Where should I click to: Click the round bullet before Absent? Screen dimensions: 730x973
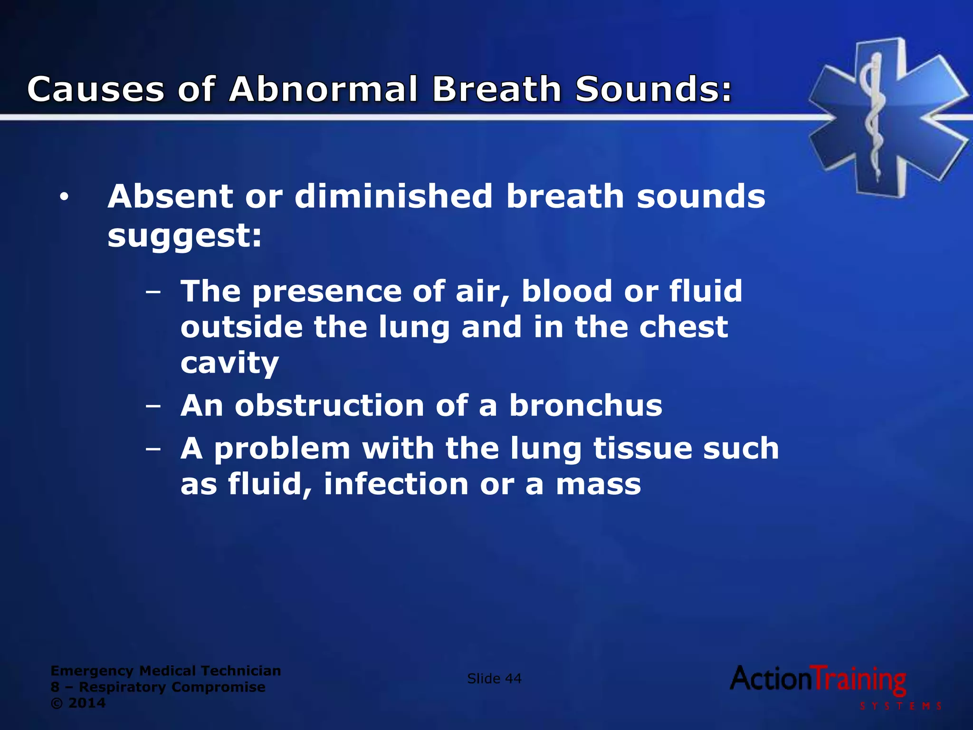(65, 198)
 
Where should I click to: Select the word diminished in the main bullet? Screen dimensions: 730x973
(393, 196)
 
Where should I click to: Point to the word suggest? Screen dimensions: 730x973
(184, 236)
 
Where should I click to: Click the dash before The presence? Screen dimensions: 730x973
(153, 292)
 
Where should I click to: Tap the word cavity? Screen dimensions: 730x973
(229, 364)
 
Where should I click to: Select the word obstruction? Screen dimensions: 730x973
(329, 406)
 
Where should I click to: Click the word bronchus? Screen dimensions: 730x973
(585, 406)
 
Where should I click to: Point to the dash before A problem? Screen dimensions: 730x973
(153, 449)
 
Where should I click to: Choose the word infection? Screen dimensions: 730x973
(396, 484)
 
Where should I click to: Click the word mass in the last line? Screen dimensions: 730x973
(598, 484)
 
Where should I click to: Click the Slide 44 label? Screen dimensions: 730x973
(494, 679)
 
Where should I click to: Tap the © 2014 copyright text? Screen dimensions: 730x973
(78, 703)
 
